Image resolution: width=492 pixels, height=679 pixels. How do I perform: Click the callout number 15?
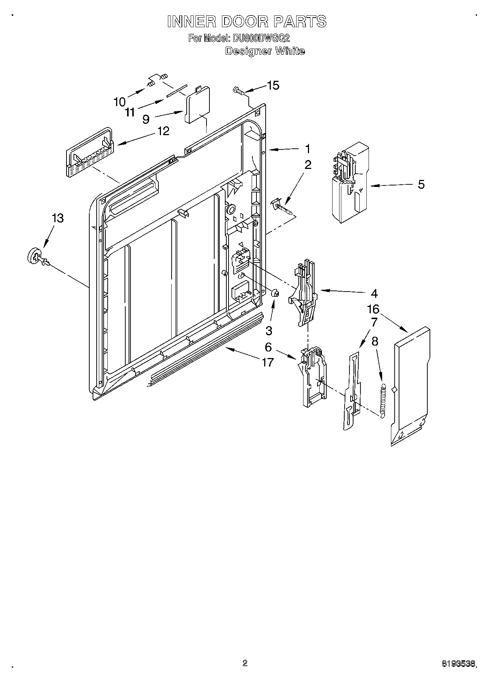point(273,85)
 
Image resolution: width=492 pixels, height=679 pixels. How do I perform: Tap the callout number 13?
point(57,218)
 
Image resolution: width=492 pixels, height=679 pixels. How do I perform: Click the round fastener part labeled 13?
point(34,256)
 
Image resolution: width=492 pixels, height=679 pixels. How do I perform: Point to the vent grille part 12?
point(89,154)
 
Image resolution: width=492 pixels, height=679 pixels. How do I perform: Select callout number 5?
point(421,184)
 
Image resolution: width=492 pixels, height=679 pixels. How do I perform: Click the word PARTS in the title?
point(299,21)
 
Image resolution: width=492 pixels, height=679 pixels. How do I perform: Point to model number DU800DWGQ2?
point(260,38)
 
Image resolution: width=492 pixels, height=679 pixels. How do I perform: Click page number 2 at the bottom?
point(245,663)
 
